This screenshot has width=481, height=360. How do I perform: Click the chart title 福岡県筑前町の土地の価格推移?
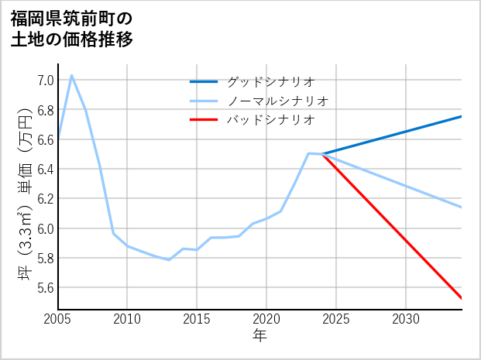coord(72,28)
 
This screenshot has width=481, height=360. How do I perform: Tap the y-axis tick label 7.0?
coord(45,81)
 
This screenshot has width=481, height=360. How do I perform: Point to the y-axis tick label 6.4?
coord(45,170)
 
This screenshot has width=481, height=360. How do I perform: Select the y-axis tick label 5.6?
coord(45,288)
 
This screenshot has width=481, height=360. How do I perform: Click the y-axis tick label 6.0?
coord(45,229)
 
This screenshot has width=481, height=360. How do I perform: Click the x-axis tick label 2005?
coord(58,319)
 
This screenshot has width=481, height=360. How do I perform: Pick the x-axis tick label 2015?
coord(197,319)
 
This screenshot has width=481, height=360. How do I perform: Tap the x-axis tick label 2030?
coord(406,319)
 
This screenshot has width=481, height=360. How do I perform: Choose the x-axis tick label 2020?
coord(266,319)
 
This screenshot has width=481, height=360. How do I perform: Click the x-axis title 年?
coord(259,336)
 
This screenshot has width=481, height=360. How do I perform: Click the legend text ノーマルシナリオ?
coord(277,101)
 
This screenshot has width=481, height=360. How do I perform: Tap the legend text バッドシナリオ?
coord(270,120)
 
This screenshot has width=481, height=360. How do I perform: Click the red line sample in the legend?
coord(204,120)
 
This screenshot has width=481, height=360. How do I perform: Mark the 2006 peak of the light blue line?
coord(72,75)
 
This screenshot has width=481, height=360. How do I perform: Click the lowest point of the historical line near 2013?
coord(169,259)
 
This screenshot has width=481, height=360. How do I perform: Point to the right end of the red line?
coord(462,298)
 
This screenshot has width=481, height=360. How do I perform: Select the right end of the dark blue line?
coord(462,116)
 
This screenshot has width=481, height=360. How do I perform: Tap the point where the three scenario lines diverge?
coord(322,154)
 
